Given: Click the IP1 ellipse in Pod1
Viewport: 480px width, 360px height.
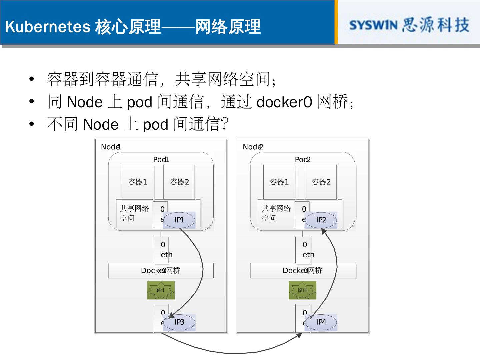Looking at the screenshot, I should [179, 220].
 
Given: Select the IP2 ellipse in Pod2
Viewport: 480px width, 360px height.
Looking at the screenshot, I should [321, 220].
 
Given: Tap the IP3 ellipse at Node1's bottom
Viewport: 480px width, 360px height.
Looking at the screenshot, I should [179, 322].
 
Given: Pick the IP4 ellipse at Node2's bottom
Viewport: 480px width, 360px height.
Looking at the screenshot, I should [321, 322].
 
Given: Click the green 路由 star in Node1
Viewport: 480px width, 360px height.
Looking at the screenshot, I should [161, 290].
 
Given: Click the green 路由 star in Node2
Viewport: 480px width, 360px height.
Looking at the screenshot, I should [302, 290].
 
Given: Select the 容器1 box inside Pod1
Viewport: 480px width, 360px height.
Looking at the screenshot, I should [137, 182].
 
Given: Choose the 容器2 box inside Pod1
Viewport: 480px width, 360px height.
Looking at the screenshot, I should [179, 182].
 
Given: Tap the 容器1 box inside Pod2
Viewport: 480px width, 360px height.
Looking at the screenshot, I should [279, 182].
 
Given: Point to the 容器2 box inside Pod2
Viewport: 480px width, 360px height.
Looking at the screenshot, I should [321, 182].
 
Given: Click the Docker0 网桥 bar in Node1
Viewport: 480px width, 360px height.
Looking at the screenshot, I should [161, 270].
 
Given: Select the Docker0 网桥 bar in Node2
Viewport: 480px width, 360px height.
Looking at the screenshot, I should [302, 270].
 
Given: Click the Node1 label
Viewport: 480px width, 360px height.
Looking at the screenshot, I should [111, 147].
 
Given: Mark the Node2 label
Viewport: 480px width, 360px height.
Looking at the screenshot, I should [253, 147].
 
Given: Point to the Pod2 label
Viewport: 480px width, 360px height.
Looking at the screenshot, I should [302, 160].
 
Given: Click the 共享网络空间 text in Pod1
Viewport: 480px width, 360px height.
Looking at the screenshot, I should [134, 213].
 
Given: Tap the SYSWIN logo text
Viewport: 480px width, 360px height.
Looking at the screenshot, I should [373, 25].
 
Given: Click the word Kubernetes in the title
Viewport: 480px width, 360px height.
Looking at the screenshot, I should [48, 27].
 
